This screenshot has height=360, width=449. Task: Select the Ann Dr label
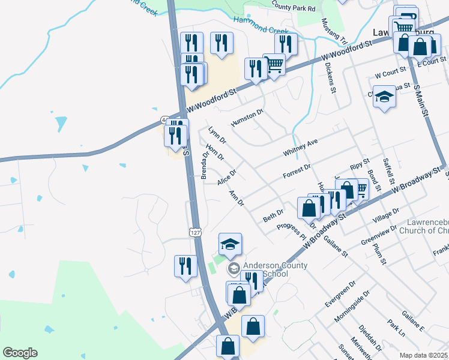pos(237,199)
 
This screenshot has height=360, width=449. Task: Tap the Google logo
pos(20,353)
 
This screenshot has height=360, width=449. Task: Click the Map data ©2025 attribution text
pos(423,355)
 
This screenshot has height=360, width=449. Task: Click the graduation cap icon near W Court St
pos(384,97)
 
